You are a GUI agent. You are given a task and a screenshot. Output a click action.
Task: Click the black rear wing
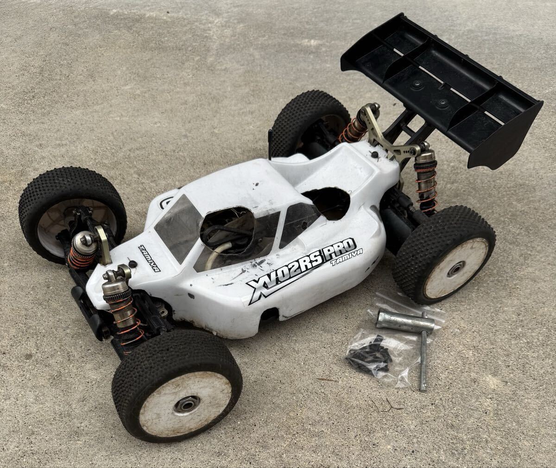point(442,88)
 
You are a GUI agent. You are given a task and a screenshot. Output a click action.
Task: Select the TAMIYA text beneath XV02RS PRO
point(347,258)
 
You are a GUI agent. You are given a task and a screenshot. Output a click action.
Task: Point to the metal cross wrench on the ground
point(416,333)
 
